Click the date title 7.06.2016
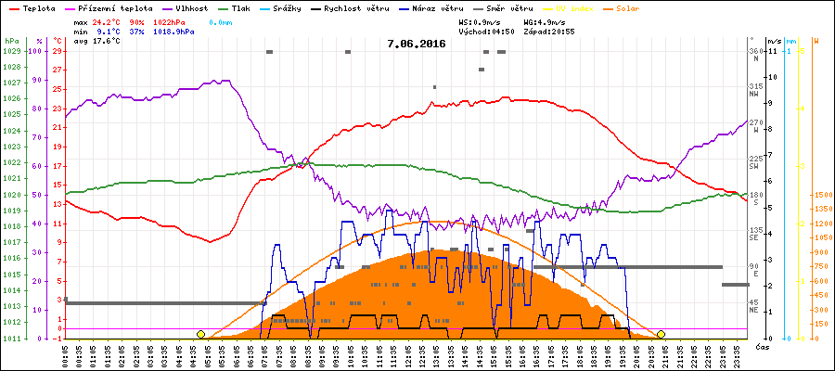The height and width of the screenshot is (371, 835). tap(417, 44)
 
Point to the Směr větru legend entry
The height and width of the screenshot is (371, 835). tap(508, 6)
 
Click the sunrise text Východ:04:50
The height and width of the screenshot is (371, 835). tap(488, 32)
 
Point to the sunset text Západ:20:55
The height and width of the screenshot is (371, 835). tap(549, 32)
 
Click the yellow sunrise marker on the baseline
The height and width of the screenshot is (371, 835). tap(200, 334)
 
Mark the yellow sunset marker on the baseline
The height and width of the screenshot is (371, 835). tap(661, 334)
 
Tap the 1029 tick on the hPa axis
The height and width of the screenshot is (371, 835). tap(11, 51)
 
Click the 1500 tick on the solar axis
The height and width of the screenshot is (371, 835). tap(822, 196)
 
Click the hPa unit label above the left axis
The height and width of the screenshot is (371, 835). tap(11, 42)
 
